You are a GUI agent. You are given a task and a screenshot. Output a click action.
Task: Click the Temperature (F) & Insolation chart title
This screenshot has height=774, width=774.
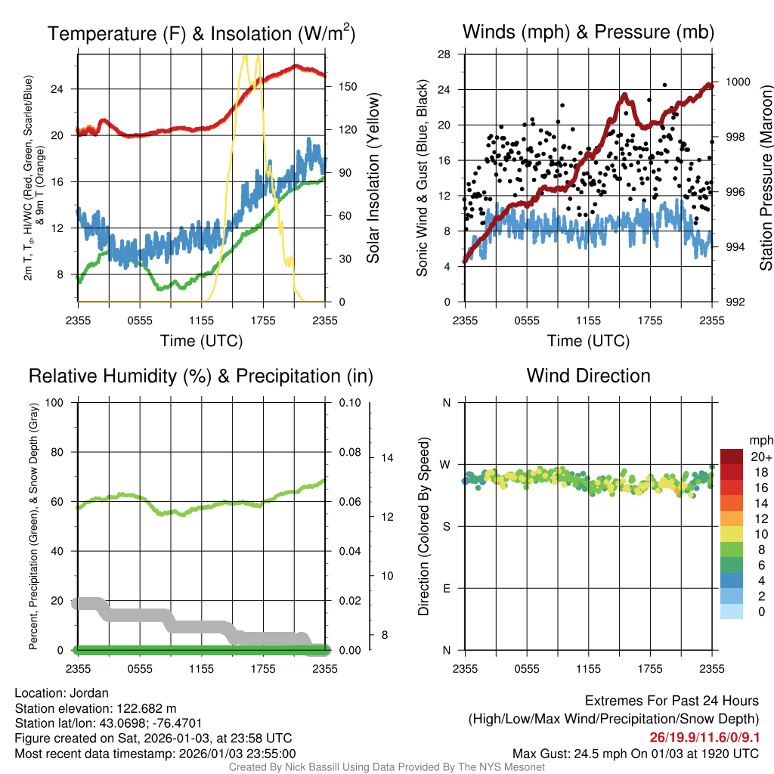(x=201, y=33)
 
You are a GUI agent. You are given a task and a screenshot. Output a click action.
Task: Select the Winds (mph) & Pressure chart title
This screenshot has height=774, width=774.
(x=588, y=32)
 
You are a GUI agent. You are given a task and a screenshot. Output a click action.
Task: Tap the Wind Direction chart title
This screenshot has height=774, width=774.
(x=588, y=376)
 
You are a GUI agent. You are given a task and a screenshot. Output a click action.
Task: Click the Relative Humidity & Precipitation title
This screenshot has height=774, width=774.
(x=200, y=376)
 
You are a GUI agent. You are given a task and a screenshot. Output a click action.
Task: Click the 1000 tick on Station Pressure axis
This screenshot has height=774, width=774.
(x=737, y=82)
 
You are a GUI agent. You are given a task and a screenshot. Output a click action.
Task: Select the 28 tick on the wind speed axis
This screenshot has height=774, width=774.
(x=444, y=54)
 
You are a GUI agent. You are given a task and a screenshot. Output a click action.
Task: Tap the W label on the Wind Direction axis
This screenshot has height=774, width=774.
(x=446, y=465)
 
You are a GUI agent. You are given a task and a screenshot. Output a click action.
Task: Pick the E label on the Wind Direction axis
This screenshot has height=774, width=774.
(x=446, y=588)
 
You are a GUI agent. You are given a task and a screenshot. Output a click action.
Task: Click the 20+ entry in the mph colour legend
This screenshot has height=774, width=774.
(x=761, y=457)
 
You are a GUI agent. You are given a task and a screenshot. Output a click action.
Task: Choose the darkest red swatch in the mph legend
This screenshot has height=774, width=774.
(x=732, y=457)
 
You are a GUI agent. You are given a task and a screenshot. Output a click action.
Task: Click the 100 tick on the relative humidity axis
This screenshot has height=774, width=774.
(x=57, y=402)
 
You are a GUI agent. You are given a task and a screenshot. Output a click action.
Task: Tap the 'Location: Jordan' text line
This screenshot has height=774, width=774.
(x=62, y=693)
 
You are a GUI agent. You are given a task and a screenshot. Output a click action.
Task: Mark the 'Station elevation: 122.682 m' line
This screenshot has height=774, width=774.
(x=95, y=708)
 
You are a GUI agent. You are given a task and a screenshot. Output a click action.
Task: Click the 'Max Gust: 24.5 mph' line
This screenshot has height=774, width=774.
(x=636, y=753)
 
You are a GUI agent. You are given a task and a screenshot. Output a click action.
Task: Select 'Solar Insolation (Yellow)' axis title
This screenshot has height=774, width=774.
(x=373, y=178)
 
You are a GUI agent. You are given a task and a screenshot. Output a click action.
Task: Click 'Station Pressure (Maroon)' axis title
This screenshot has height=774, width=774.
(x=766, y=178)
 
